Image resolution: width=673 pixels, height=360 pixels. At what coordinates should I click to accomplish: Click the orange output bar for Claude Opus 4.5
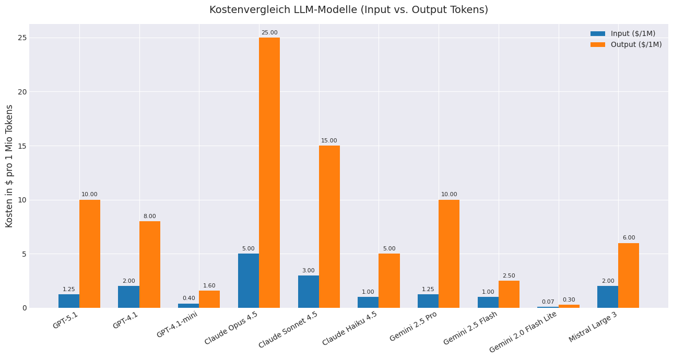[269, 172]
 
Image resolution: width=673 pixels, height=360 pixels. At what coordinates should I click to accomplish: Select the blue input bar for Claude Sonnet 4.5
[309, 292]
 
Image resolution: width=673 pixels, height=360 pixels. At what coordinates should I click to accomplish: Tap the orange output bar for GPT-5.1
[90, 254]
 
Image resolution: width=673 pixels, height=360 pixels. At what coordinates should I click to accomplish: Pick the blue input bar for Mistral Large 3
[608, 297]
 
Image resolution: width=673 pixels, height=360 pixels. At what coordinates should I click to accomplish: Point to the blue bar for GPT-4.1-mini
[188, 305]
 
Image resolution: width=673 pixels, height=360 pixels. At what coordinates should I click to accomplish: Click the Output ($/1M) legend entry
[625, 45]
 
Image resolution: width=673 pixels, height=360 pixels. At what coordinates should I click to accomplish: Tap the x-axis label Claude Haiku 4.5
[350, 328]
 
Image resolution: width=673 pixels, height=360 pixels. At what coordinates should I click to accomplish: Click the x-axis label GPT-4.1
[126, 320]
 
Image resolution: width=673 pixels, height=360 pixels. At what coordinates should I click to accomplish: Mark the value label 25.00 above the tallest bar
[269, 33]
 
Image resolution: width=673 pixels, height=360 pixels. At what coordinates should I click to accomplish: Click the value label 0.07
[548, 302]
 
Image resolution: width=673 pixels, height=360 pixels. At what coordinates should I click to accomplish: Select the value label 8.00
[150, 217]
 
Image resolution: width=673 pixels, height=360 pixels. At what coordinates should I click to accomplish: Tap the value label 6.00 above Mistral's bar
[629, 238]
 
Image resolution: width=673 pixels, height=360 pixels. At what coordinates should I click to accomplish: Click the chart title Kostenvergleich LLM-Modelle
[348, 10]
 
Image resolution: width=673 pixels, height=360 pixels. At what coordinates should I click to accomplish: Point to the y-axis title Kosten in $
[9, 166]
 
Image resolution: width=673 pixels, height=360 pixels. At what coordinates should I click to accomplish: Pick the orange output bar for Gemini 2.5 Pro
[449, 254]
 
